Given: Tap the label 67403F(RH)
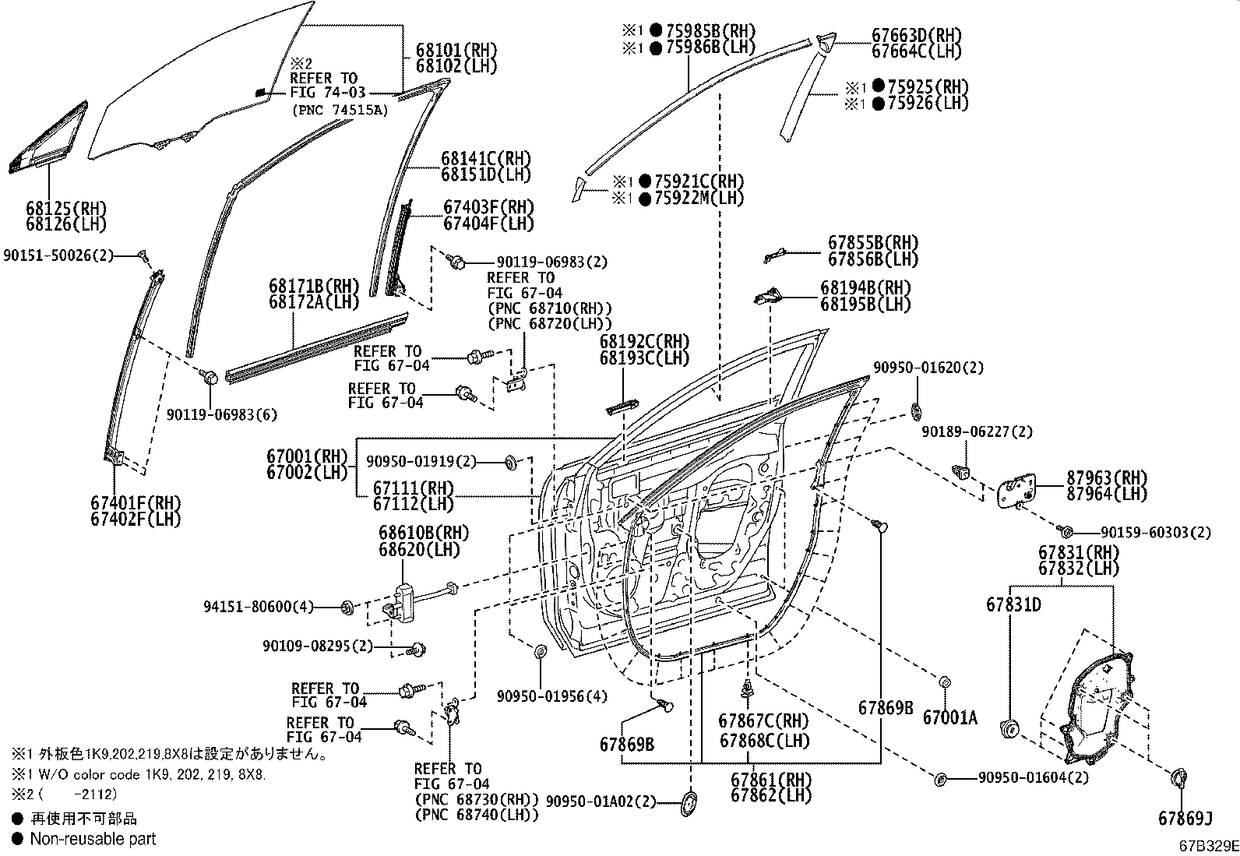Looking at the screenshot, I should [489, 208].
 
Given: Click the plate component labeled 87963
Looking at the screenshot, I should [1020, 489].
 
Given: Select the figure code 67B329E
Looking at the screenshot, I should [1207, 844].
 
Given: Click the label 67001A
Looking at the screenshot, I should [949, 717].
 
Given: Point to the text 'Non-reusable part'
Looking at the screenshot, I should [93, 839].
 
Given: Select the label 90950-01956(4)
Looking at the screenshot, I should [552, 696].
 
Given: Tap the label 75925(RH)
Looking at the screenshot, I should [921, 86].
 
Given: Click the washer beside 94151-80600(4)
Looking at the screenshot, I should [348, 607].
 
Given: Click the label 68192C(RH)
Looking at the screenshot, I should [644, 342].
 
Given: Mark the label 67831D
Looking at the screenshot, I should [1013, 604].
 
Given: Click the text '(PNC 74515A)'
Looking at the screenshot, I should [340, 111].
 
